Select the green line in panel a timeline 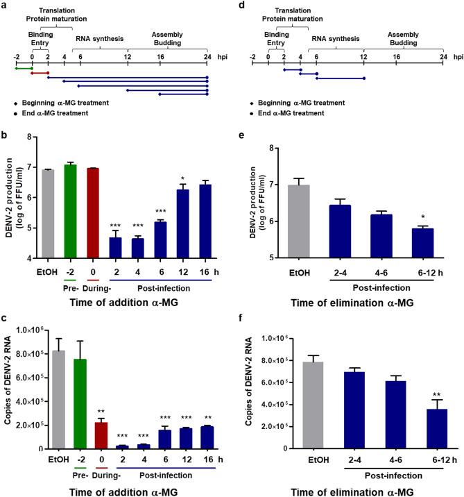click(x=24, y=68)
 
